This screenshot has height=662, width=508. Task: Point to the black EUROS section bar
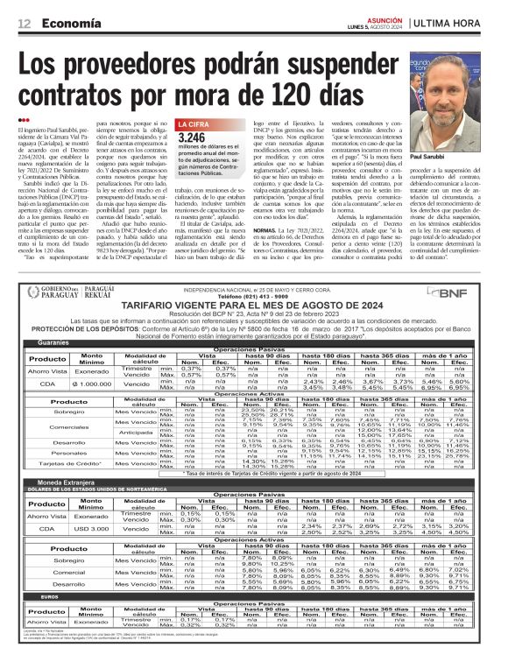(254, 621)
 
